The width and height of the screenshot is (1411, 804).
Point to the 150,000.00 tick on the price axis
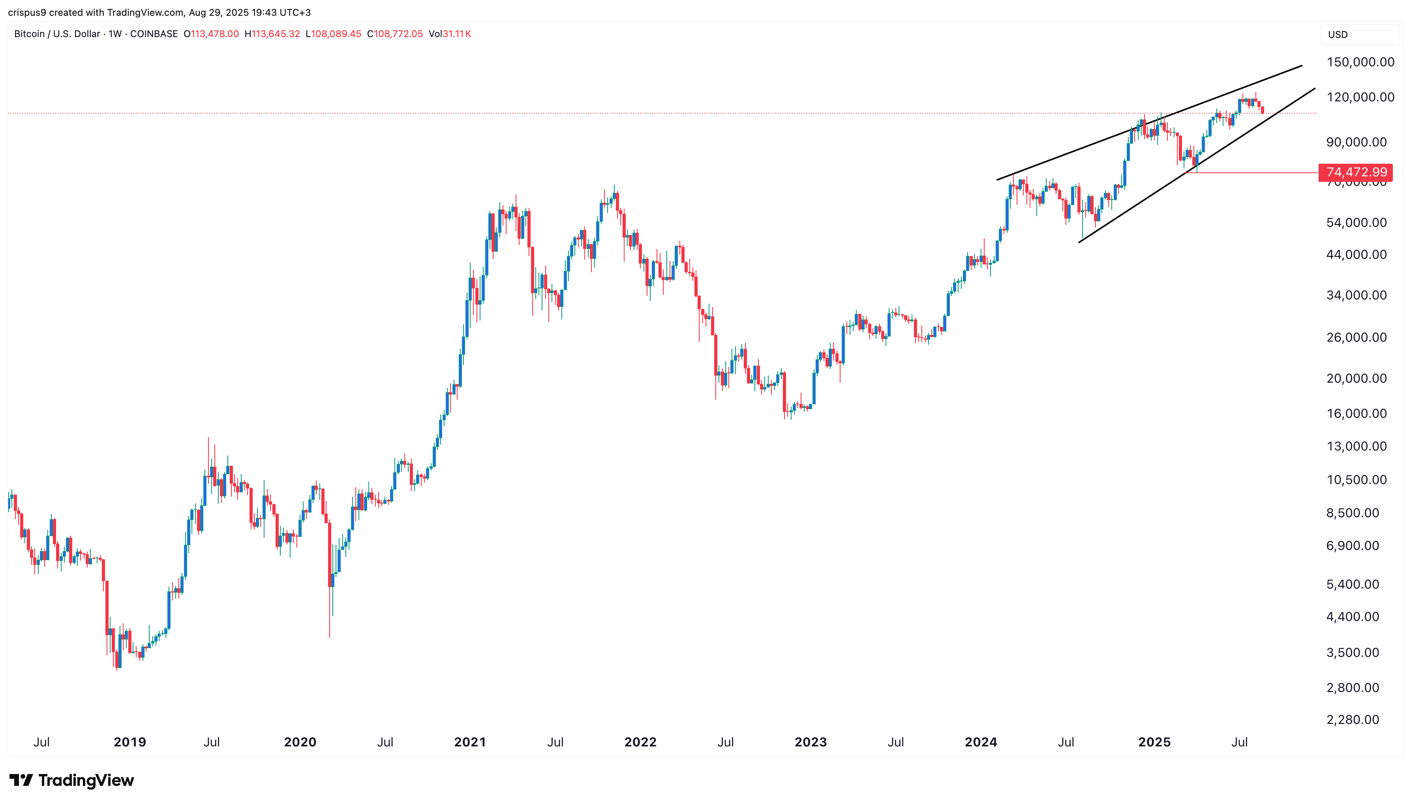click(x=1360, y=62)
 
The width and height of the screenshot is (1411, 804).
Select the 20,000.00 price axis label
click(x=1356, y=378)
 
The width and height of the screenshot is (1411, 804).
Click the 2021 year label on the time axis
click(x=469, y=742)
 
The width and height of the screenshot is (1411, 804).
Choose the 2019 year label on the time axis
click(x=130, y=742)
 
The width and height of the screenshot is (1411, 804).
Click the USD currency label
click(x=1338, y=34)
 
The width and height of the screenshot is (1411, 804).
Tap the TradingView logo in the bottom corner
click(x=72, y=780)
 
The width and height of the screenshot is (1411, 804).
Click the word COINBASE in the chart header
click(x=154, y=34)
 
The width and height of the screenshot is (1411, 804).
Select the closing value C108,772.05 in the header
click(x=395, y=34)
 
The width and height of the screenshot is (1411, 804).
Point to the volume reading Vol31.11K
click(x=450, y=34)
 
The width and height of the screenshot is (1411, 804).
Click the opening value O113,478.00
click(x=211, y=34)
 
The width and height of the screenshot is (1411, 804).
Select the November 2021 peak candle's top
click(x=614, y=187)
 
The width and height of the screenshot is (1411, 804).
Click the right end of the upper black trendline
click(x=1302, y=66)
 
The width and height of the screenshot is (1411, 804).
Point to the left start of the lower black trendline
click(x=1079, y=242)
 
